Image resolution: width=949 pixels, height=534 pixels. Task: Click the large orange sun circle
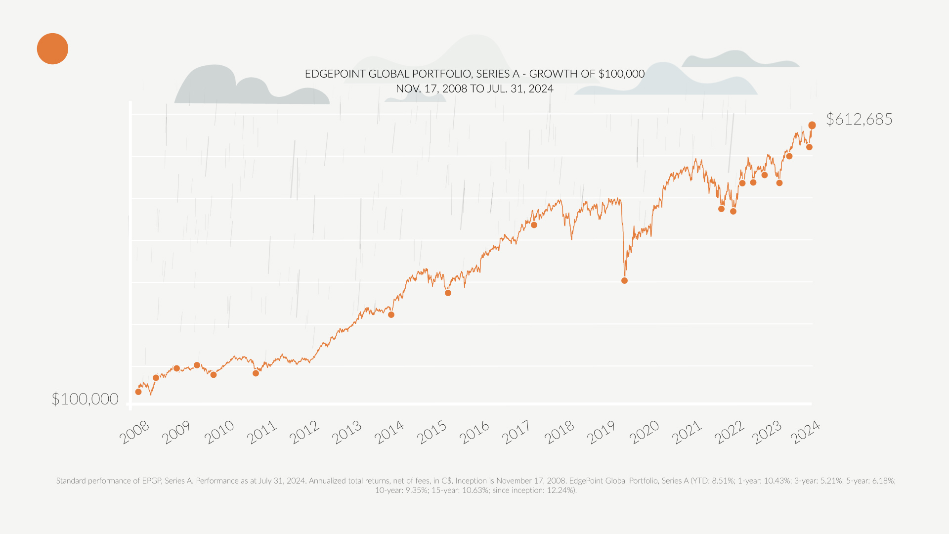click(52, 48)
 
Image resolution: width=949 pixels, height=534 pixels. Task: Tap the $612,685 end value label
click(859, 119)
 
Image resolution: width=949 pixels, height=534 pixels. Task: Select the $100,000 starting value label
click(85, 399)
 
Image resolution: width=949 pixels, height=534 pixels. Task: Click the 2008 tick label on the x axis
click(134, 433)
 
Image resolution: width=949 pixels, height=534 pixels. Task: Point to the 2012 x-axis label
click(304, 433)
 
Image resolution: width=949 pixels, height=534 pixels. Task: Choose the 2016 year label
click(474, 433)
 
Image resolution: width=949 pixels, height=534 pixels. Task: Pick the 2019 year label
click(602, 433)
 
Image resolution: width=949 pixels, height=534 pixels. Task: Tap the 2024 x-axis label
click(805, 433)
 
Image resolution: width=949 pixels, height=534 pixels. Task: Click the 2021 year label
click(687, 433)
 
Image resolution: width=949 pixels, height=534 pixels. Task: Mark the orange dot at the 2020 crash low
click(624, 280)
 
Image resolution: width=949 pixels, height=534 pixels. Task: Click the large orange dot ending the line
click(812, 125)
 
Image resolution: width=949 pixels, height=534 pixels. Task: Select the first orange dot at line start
click(138, 392)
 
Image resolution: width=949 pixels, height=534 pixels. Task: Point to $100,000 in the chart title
click(621, 74)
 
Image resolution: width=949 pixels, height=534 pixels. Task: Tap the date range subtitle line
click(474, 89)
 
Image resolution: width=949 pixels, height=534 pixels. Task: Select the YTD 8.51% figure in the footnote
click(723, 481)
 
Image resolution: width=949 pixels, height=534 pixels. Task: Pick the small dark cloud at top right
click(736, 59)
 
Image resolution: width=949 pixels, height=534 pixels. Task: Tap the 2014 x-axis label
click(389, 433)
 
